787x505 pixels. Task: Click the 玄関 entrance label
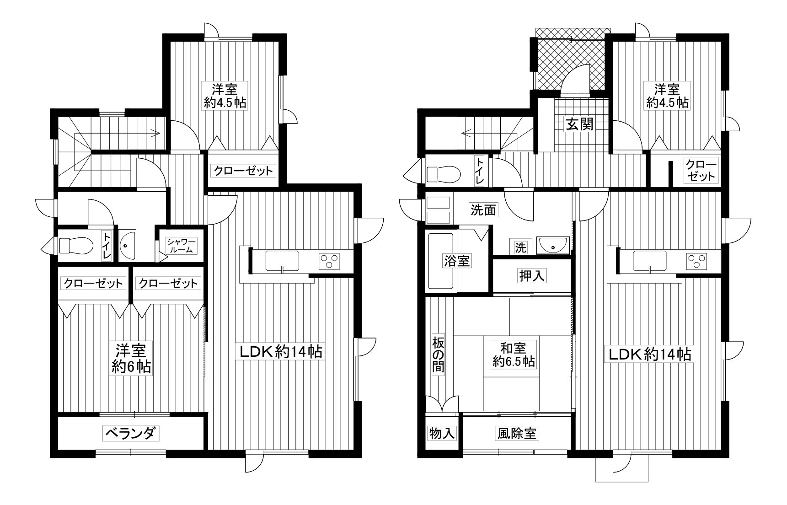[580, 124]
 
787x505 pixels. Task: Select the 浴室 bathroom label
[456, 261]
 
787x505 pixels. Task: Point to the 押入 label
[532, 275]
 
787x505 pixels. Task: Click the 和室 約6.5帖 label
[514, 355]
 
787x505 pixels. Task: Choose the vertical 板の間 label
[438, 355]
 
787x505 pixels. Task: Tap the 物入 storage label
[442, 433]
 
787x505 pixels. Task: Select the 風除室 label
[516, 433]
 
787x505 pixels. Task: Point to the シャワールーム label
[182, 246]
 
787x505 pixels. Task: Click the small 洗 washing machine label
[520, 248]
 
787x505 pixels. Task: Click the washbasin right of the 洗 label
[553, 245]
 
